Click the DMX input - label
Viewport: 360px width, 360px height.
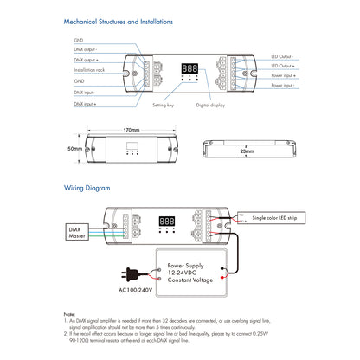(85, 91)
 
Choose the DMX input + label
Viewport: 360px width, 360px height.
(85, 103)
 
